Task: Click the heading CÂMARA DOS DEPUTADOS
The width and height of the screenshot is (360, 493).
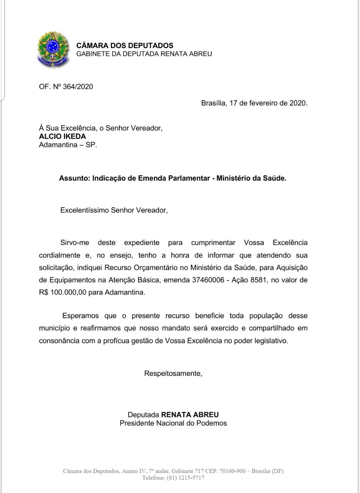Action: (x=125, y=46)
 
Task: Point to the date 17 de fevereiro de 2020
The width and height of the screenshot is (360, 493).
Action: (x=268, y=103)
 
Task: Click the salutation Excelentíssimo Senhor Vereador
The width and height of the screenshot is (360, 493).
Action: (x=114, y=210)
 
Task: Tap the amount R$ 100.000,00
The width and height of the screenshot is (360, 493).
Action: (x=62, y=292)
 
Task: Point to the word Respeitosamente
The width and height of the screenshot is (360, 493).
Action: (x=173, y=373)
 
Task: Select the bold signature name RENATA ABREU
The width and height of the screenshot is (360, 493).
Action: (x=190, y=415)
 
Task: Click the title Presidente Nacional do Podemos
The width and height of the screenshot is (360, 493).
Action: (x=173, y=423)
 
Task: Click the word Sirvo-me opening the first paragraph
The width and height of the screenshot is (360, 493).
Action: (x=74, y=243)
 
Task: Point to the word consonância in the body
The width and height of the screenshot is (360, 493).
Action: (x=59, y=341)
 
